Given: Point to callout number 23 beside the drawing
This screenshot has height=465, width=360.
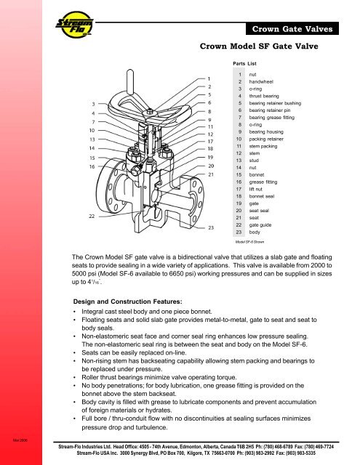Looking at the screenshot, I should pyautogui.click(x=210, y=228).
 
